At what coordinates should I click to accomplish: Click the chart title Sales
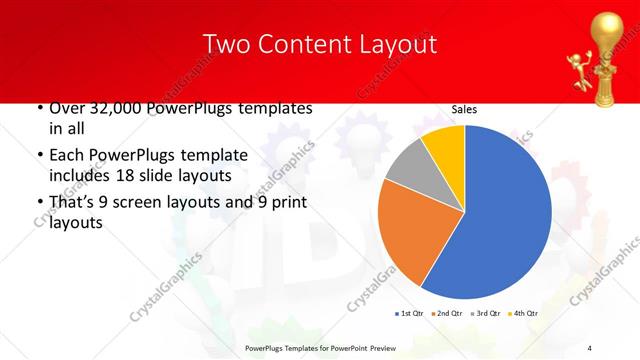(x=464, y=110)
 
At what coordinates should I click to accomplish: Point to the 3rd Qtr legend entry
(x=485, y=313)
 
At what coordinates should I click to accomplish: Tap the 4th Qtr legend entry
(x=523, y=313)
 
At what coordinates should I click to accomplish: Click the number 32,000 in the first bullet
(x=117, y=108)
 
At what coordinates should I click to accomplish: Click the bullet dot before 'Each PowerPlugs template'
(x=39, y=156)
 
